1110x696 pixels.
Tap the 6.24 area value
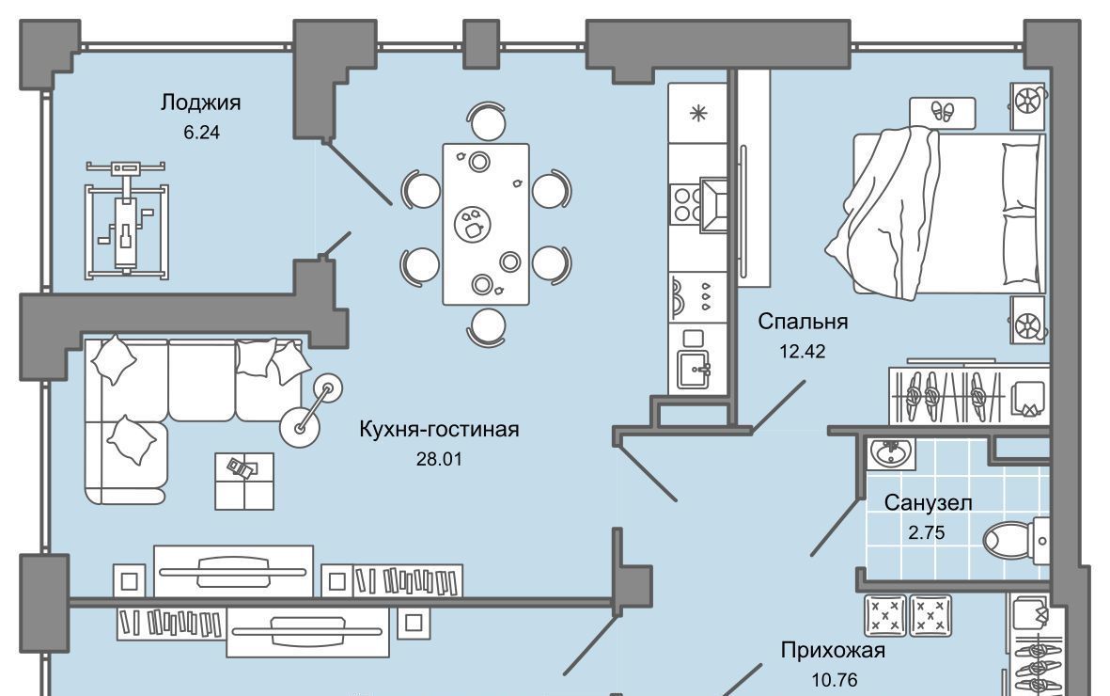pos(202,133)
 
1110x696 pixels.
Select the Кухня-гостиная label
pos(439,430)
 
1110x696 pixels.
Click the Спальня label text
pos(803,323)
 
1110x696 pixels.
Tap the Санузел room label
pos(928,503)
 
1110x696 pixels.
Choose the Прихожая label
pos(833,650)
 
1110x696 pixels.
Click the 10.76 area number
pos(832,678)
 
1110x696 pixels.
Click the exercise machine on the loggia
pos(128,218)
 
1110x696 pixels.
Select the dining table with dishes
pos(486,224)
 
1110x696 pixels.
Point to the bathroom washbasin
pos(888,455)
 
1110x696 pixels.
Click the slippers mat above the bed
pos(942,112)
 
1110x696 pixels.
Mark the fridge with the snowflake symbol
pos(697,114)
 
